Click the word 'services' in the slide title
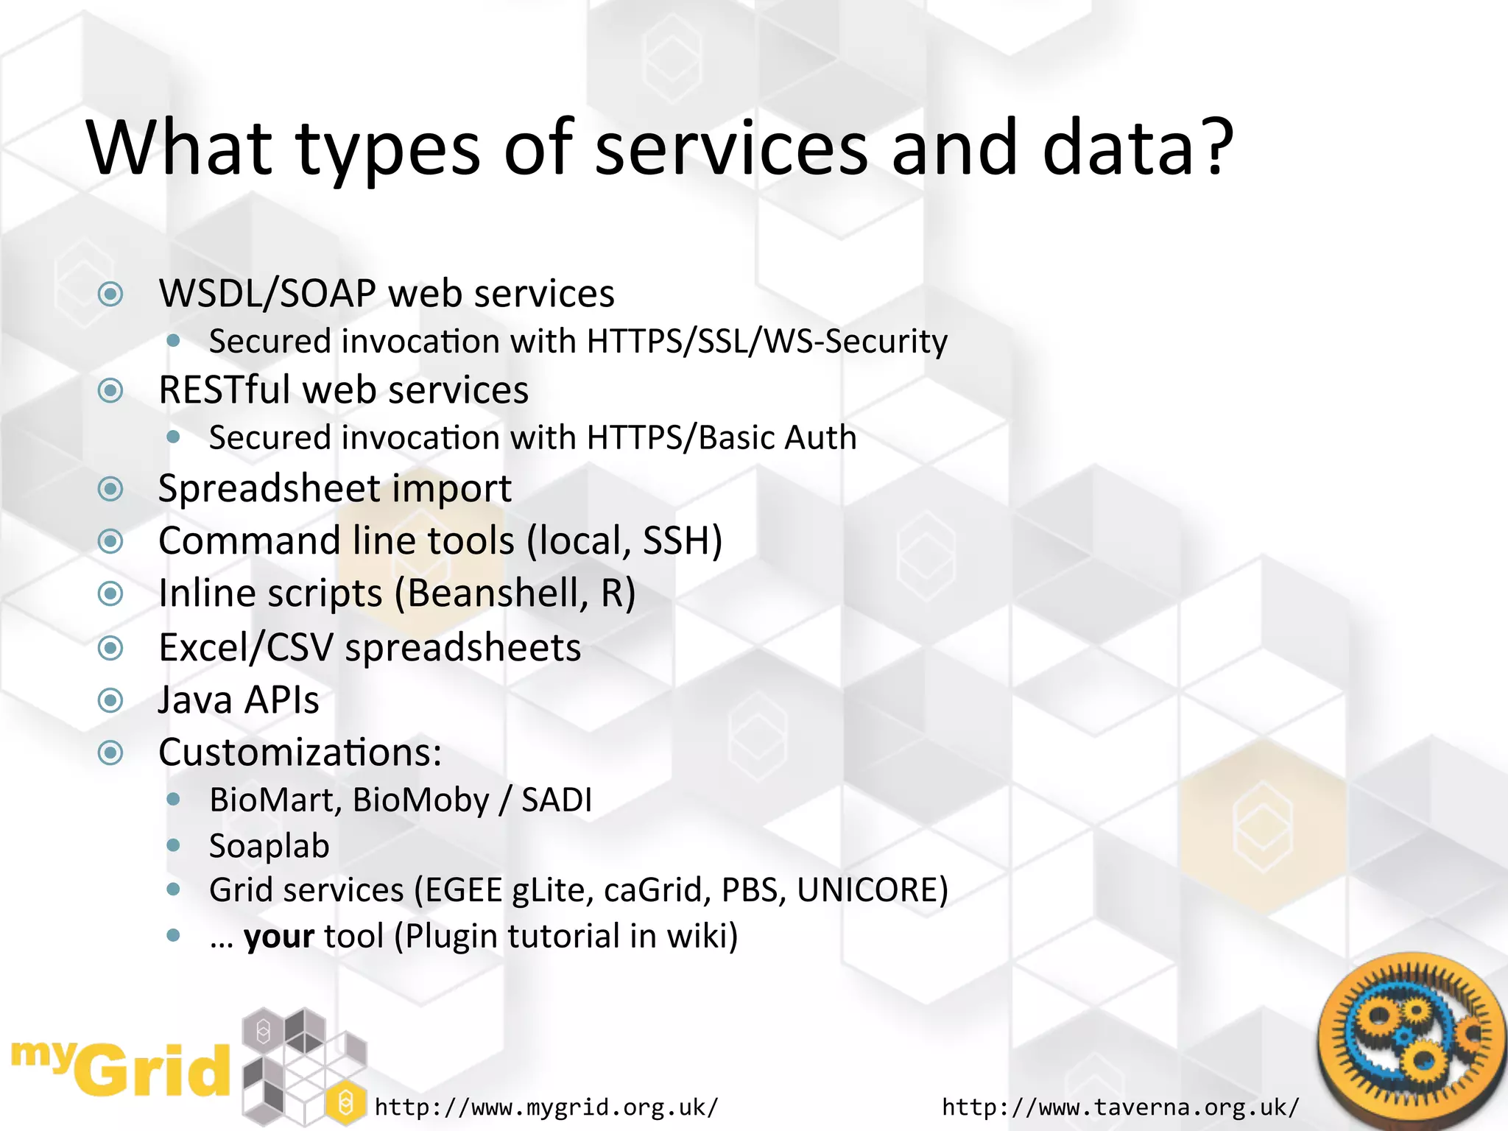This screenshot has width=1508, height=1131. tap(730, 149)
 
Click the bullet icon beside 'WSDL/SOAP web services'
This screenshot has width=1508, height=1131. tap(110, 295)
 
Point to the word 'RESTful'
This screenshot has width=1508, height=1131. tap(225, 390)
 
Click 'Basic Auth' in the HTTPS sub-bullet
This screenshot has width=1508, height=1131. tap(777, 438)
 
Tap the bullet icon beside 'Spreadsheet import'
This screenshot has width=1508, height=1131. tap(110, 489)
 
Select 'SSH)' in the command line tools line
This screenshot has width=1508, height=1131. tap(682, 540)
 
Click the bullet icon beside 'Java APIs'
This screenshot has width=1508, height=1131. tap(110, 700)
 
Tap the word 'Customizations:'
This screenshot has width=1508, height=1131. tap(300, 753)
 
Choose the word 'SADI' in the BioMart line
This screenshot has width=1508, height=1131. tap(557, 800)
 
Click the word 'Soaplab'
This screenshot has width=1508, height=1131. tap(269, 846)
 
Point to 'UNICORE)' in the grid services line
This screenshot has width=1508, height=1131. tap(872, 890)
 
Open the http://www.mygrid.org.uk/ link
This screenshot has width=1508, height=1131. tap(546, 1107)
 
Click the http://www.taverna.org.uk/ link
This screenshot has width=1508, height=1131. tap(1120, 1107)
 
